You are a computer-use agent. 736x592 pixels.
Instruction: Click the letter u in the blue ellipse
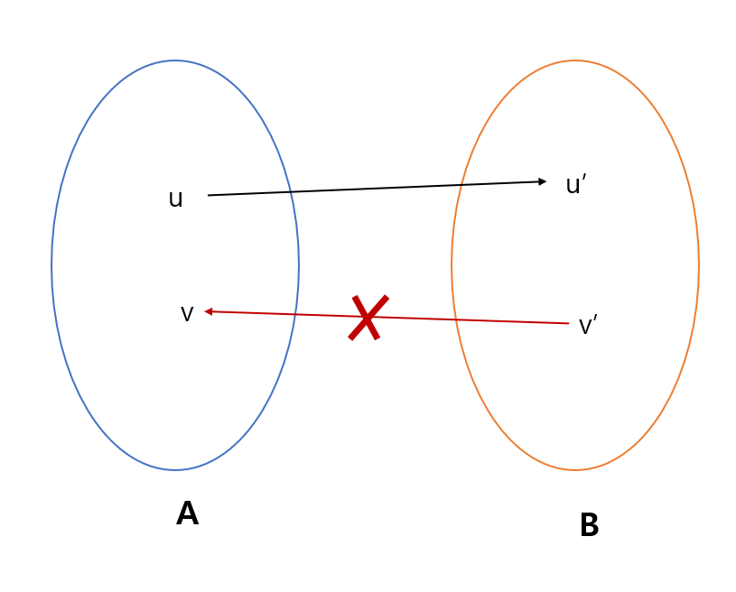(175, 199)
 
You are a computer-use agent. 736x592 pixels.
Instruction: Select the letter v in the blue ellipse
(187, 314)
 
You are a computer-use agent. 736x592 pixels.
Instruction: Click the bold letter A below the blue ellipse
(187, 513)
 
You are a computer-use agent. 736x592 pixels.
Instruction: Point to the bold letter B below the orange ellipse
(589, 525)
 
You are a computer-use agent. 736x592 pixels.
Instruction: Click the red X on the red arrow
(368, 318)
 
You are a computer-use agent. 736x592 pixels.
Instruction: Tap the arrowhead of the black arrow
(542, 181)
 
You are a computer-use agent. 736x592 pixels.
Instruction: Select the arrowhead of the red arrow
(209, 311)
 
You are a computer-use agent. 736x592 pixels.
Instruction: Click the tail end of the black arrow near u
(209, 195)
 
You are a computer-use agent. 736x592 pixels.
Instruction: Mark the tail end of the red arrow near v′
(568, 323)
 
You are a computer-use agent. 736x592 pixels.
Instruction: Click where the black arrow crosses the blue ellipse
(291, 191)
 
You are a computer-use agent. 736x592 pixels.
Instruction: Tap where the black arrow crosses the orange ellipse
(461, 185)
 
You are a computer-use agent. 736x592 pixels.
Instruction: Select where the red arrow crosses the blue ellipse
(297, 314)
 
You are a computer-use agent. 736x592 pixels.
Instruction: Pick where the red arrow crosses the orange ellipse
(454, 319)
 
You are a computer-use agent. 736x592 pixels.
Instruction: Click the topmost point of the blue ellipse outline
(175, 60)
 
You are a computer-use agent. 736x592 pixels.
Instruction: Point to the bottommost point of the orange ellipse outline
(575, 470)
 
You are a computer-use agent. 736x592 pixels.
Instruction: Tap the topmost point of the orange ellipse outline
(575, 60)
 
